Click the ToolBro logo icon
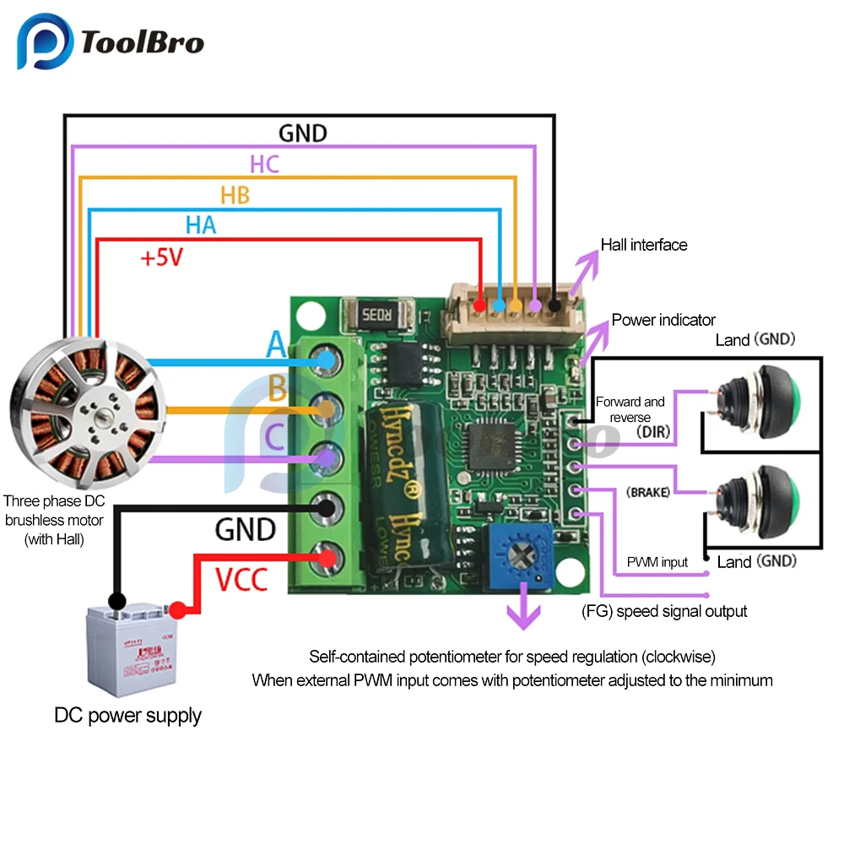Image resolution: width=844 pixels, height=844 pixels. (x=44, y=42)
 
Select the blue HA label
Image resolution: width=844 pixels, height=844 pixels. (x=201, y=225)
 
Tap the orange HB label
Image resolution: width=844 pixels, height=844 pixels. (x=235, y=195)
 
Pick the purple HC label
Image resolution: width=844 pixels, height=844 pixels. (x=264, y=164)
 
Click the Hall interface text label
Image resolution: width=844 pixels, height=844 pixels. (x=644, y=245)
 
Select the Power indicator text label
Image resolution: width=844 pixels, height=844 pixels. (x=663, y=320)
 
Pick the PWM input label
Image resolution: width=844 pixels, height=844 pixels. (x=657, y=562)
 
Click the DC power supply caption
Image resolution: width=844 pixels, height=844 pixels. (x=128, y=716)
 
